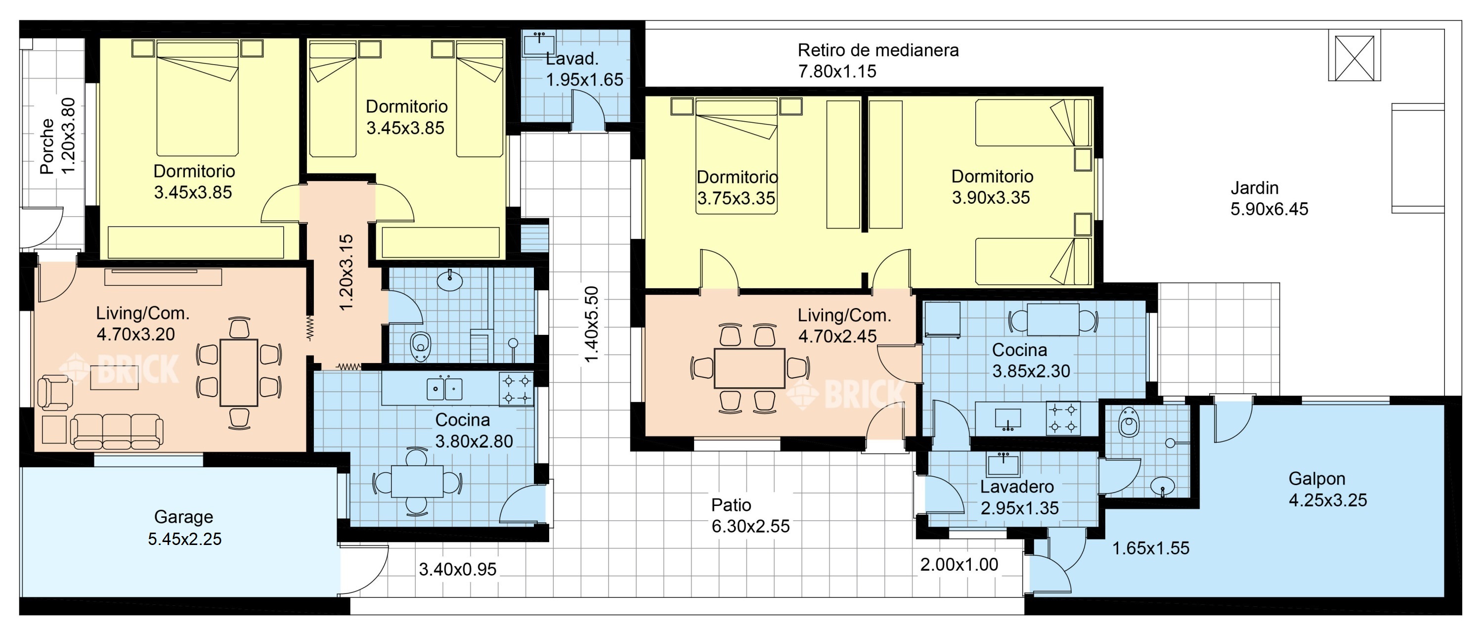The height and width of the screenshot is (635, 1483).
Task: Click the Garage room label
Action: (184, 517)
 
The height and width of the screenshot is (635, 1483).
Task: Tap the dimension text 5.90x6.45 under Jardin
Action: (1269, 209)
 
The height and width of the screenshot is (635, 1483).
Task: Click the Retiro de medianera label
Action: (878, 50)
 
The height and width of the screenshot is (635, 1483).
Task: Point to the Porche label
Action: (47, 146)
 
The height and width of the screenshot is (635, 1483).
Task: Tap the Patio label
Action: (731, 505)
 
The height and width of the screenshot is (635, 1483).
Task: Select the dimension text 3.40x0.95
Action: (457, 569)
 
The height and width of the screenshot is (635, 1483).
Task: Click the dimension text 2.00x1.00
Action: (959, 565)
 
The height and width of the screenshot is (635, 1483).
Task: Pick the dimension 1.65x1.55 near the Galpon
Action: (1150, 548)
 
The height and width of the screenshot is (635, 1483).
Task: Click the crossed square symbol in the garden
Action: (1354, 58)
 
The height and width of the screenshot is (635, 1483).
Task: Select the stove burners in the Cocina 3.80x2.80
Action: (516, 389)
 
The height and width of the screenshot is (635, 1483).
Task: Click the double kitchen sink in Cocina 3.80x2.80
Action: (444, 389)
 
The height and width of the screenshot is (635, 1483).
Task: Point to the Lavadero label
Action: (1017, 487)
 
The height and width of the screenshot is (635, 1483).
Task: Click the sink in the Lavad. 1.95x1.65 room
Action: (539, 43)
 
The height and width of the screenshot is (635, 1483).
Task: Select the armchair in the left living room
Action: (55, 393)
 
